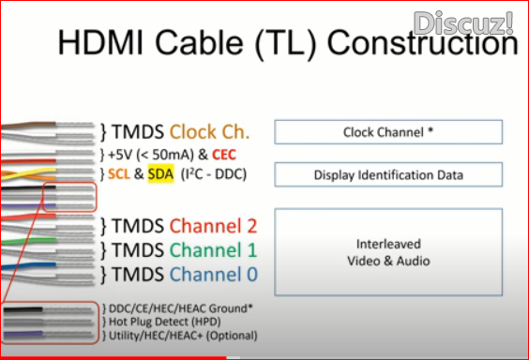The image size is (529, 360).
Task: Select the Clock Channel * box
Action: tap(388, 131)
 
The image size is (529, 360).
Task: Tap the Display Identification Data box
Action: tap(388, 174)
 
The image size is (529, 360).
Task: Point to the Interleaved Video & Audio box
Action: tap(388, 252)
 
